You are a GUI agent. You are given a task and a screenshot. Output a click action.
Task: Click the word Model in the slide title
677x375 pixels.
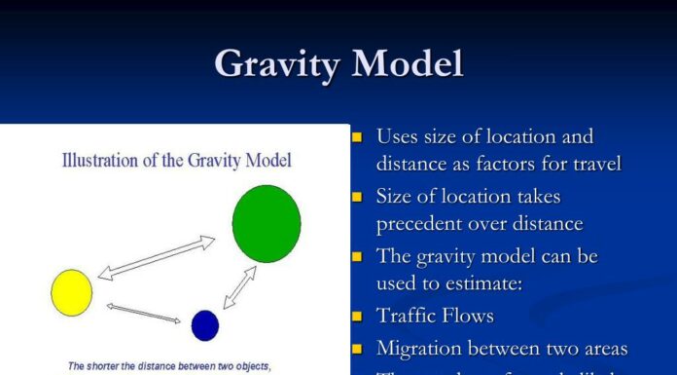(408, 64)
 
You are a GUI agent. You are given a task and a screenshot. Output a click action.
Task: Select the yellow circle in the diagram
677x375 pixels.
(71, 292)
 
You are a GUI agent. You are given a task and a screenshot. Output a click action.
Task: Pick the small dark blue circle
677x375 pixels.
(205, 324)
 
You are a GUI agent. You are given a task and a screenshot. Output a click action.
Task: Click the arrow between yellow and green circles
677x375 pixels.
(156, 257)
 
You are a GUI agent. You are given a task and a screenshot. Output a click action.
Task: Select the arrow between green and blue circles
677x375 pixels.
(239, 286)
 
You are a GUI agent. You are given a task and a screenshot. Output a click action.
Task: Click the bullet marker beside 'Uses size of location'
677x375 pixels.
(358, 137)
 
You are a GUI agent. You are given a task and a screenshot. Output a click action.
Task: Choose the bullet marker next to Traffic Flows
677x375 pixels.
(358, 316)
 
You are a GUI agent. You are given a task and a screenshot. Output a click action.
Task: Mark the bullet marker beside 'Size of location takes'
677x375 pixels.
(358, 198)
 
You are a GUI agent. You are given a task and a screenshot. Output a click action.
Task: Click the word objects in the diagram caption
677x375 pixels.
(250, 367)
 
